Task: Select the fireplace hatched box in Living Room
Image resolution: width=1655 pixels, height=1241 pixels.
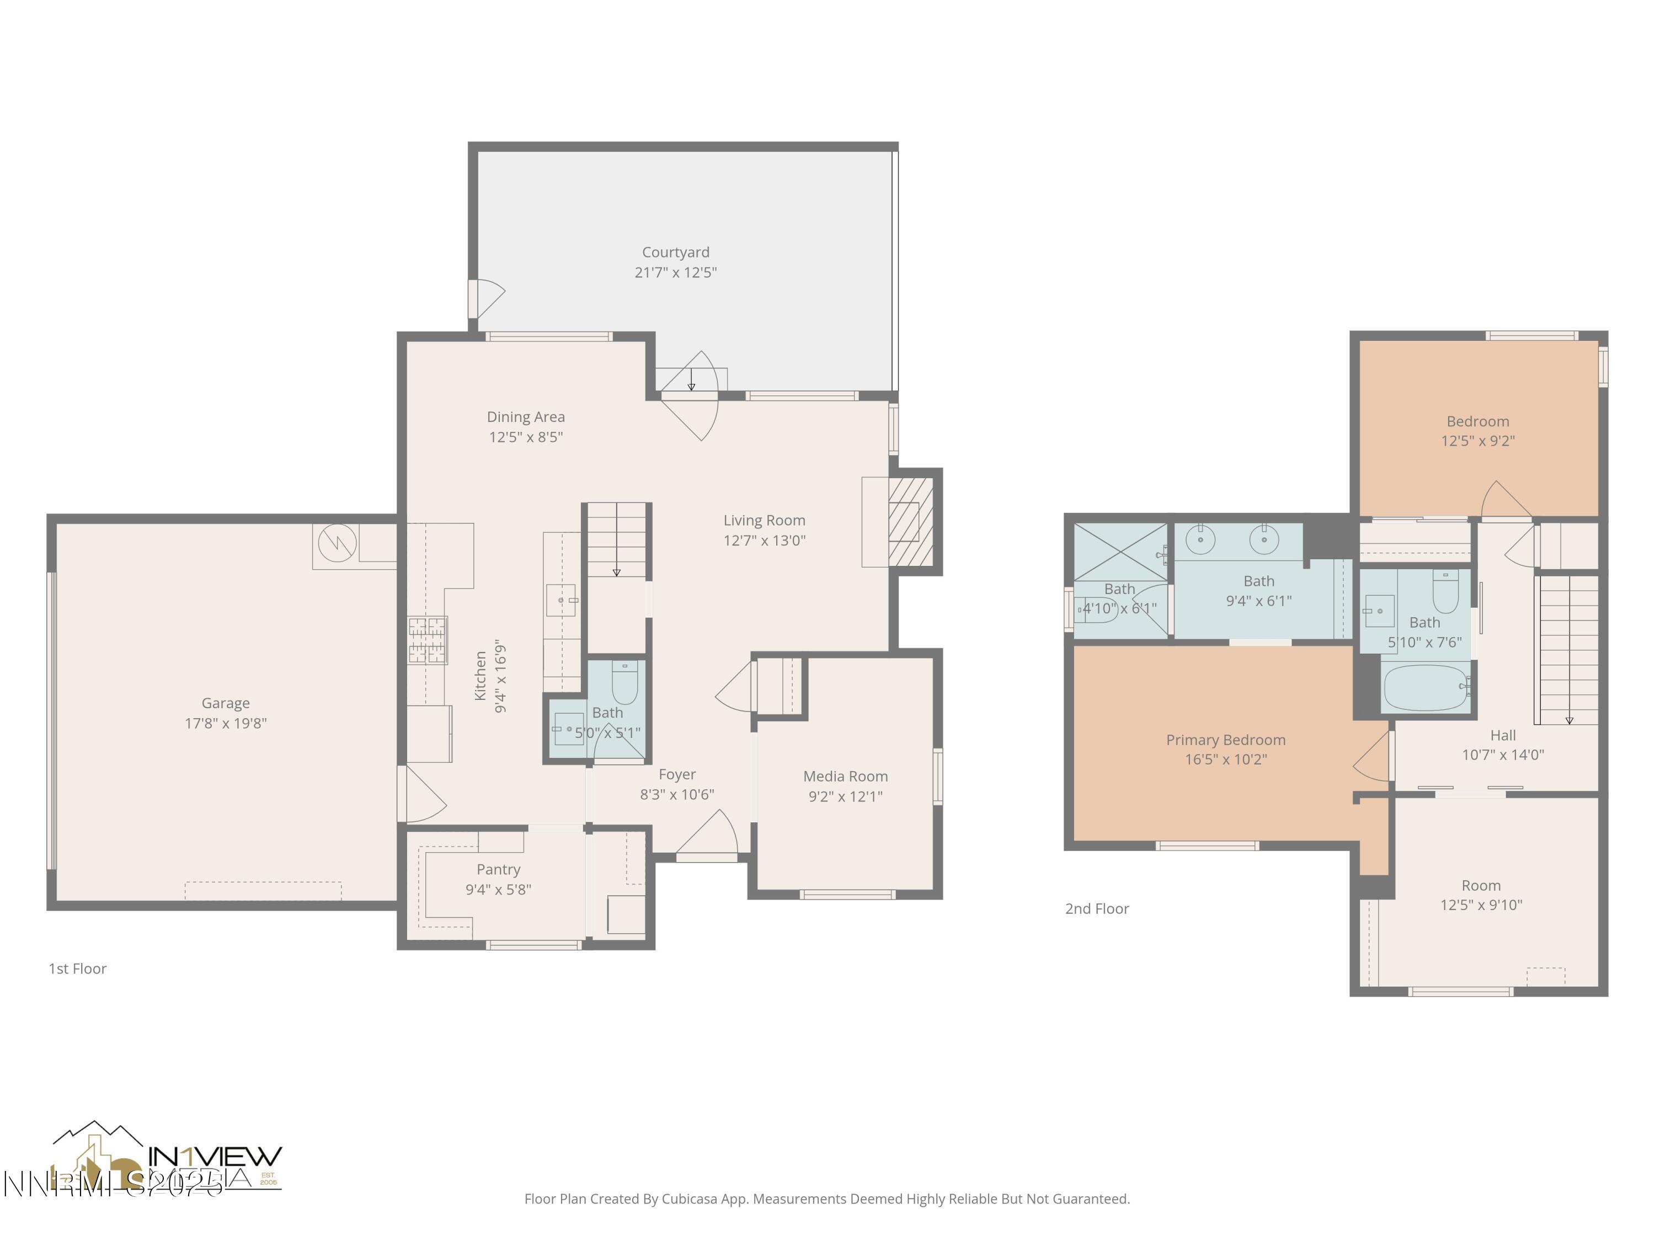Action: [911, 521]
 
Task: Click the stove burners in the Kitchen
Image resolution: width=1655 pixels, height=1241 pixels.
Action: [427, 640]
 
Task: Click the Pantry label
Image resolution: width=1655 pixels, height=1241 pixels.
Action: [498, 869]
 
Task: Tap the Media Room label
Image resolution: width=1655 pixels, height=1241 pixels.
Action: [846, 777]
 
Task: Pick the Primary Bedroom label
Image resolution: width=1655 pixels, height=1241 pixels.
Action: [1226, 740]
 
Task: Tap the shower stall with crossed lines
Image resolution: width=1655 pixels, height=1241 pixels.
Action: [1120, 552]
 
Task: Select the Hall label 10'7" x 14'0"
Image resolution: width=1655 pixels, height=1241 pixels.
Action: [1502, 745]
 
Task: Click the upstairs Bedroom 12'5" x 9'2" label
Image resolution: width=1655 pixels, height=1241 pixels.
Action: [1478, 431]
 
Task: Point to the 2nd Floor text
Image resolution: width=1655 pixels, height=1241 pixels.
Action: [1097, 909]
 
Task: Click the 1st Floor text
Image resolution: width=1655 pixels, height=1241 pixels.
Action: [78, 969]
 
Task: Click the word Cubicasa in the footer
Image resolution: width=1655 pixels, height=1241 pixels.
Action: [689, 1199]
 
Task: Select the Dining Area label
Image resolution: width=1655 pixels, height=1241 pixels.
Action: [525, 416]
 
